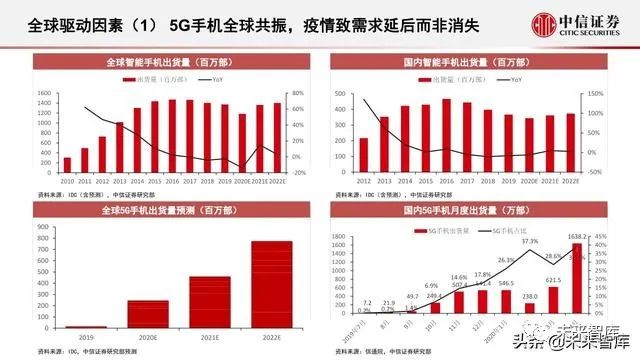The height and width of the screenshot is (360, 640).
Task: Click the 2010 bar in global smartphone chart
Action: pyautogui.click(x=67, y=164)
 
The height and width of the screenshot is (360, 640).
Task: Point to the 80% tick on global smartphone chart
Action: pyautogui.click(x=298, y=92)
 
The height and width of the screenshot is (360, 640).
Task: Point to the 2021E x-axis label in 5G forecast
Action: pyautogui.click(x=210, y=338)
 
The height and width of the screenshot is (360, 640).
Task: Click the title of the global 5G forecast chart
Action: pyautogui.click(x=166, y=206)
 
